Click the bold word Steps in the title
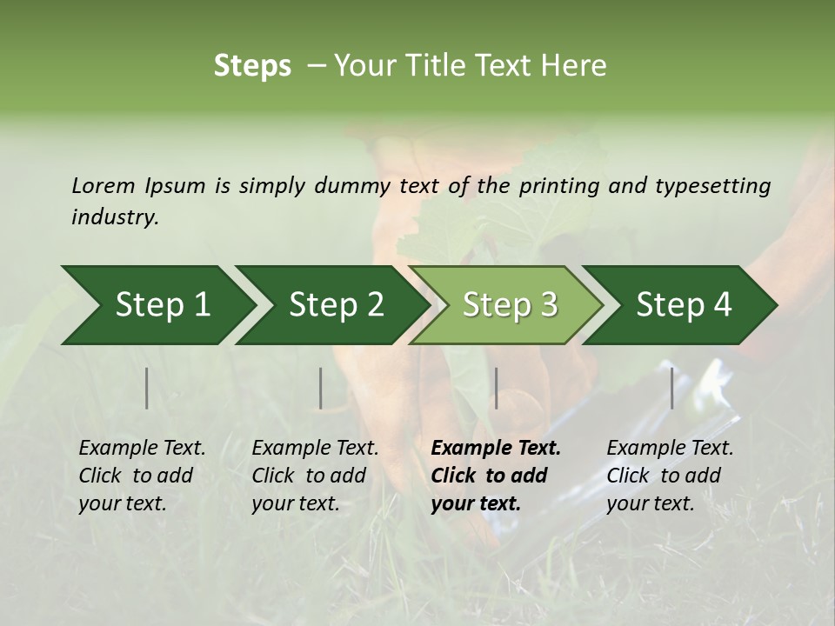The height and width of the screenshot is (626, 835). pos(252,66)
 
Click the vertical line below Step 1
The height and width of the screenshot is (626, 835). pos(147,388)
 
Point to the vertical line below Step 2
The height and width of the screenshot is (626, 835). pos(321,388)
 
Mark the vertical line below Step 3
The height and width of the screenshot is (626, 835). pos(497,388)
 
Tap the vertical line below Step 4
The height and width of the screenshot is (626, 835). pos(671,388)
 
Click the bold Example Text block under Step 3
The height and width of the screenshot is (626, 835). pos(496,476)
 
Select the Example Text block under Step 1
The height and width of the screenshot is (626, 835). pos(142,476)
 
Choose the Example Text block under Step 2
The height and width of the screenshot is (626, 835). pos(315,476)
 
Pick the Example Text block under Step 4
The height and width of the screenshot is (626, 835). pos(670,476)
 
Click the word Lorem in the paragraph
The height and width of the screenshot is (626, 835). pos(103,185)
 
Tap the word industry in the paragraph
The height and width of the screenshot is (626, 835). pos(115,217)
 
